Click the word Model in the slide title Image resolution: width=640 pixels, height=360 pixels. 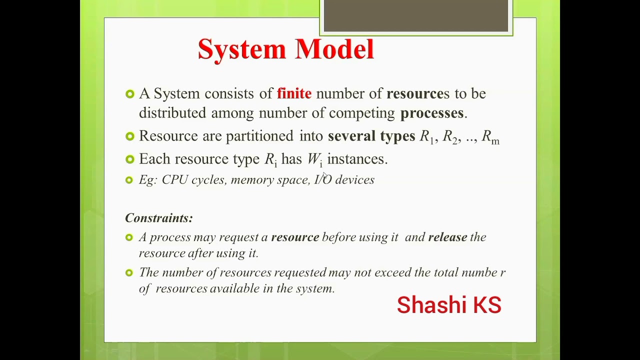[334, 49]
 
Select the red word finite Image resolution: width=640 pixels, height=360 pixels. [294, 93]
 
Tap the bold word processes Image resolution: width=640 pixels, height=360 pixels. [432, 113]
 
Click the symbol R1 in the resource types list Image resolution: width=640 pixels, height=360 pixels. [426, 137]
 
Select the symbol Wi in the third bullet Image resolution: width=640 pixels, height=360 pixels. [314, 159]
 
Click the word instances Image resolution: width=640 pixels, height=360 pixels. [357, 159]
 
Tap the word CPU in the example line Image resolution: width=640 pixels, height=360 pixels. [174, 180]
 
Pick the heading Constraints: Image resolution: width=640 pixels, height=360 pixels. [158, 218]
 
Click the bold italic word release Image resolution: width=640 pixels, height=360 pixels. [447, 237]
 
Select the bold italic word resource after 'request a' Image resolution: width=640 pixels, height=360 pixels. [295, 237]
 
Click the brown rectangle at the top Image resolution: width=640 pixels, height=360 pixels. [416, 16]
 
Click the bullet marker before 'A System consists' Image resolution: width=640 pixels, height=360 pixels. [130, 94]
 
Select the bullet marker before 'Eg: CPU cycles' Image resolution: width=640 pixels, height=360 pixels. [129, 180]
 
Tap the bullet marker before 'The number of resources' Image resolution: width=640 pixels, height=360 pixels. [129, 272]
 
